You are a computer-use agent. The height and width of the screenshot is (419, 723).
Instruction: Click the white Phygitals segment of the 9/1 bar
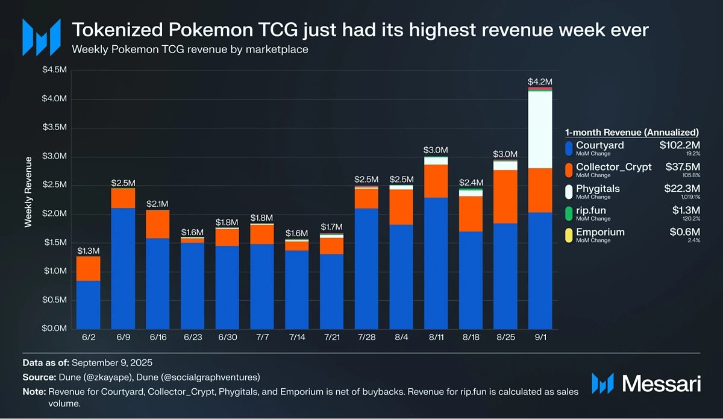[x=540, y=130]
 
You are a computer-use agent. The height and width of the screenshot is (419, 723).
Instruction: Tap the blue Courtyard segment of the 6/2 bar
[x=89, y=304]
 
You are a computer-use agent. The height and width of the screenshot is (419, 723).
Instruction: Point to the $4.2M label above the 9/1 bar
[x=540, y=81]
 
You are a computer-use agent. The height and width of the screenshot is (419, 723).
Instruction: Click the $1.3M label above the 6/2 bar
[x=89, y=250]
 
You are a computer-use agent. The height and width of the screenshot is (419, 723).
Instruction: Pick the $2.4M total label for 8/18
[x=470, y=182]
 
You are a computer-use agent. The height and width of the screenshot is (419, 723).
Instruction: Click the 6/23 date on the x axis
[x=193, y=338]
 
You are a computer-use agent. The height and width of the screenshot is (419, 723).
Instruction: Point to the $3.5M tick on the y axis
[x=54, y=128]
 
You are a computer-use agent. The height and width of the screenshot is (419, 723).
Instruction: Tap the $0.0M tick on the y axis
[x=54, y=329]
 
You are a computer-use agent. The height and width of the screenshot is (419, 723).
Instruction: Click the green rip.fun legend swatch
[x=568, y=212]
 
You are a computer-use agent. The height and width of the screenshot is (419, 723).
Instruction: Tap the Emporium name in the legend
[x=600, y=232]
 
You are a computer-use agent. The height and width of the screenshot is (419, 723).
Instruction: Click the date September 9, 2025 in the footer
[x=113, y=363]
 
